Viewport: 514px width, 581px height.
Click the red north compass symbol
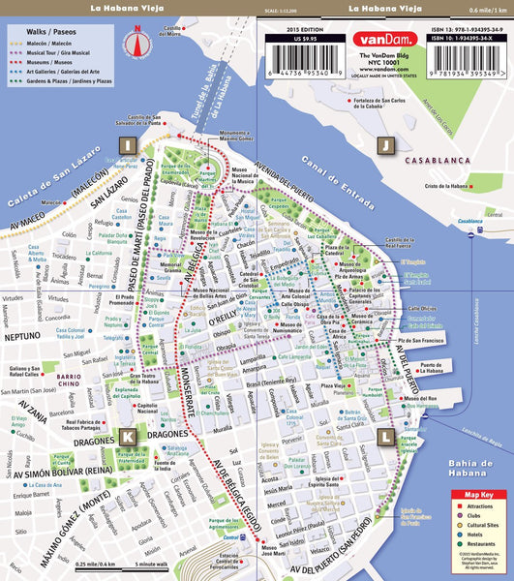tap(137, 42)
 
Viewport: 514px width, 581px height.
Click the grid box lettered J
tap(385, 145)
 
